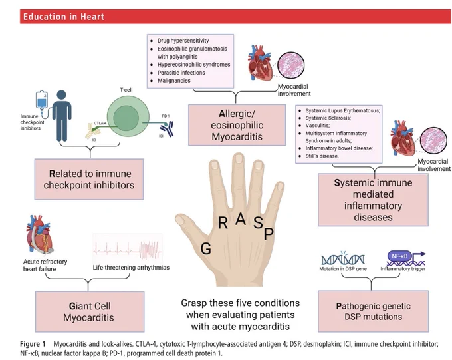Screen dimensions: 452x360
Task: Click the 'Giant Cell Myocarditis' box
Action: point(90,311)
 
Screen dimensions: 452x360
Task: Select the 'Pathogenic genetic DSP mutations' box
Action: point(374,311)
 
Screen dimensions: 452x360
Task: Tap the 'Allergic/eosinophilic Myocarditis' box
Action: point(237,125)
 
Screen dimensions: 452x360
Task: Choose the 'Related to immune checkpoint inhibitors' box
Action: point(89,179)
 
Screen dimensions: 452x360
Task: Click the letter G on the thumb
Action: point(206,248)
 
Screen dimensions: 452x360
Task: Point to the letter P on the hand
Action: point(269,234)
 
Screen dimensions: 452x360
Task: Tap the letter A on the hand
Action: point(241,219)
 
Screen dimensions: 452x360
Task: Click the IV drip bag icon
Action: point(42,102)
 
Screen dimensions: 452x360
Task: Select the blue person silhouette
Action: point(62,116)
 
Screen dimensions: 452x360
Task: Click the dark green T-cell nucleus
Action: point(126,118)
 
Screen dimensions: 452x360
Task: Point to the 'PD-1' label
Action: point(166,116)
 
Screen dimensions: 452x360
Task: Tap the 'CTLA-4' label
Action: point(100,123)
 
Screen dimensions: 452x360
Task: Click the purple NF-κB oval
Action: point(399,256)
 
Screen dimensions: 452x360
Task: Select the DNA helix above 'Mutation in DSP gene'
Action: point(343,258)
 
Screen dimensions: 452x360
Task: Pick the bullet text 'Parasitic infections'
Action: point(181,73)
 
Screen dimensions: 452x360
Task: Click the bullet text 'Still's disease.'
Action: point(322,156)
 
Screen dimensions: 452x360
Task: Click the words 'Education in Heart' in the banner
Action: point(64,17)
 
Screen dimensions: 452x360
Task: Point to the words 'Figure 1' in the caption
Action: point(33,344)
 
